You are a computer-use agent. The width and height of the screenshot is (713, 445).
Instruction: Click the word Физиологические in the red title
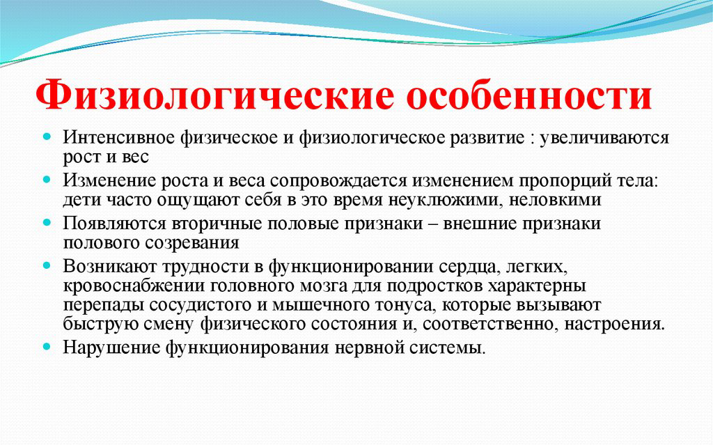tap(214, 95)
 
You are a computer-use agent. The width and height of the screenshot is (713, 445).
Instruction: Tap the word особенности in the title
tap(529, 95)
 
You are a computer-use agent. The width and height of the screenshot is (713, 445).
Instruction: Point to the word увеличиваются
tap(604, 138)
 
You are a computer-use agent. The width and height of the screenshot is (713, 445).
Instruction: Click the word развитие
tap(487, 138)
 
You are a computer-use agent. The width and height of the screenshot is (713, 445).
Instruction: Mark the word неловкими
tap(555, 200)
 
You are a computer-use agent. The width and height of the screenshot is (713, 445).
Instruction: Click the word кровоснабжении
tap(134, 286)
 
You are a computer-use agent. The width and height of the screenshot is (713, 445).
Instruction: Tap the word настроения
tap(614, 325)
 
